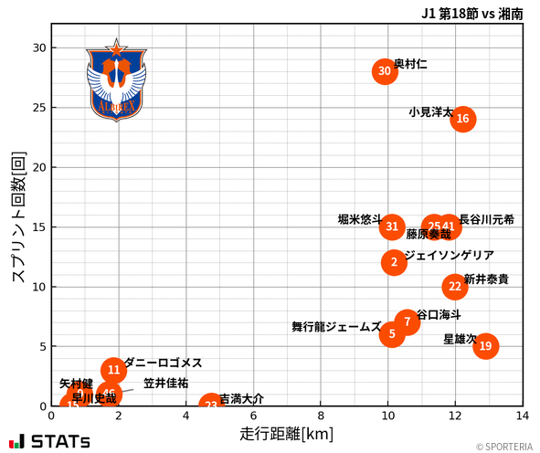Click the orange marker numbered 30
pyautogui.click(x=385, y=71)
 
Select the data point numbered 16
pyautogui.click(x=462, y=119)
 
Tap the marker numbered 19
pyautogui.click(x=485, y=346)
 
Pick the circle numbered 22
pyautogui.click(x=455, y=287)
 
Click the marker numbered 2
pyautogui.click(x=394, y=263)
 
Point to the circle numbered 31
pyautogui.click(x=392, y=226)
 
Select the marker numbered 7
pyautogui.click(x=408, y=322)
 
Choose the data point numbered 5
pyautogui.click(x=392, y=334)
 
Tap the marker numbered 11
pyautogui.click(x=113, y=370)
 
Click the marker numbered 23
pyautogui.click(x=211, y=406)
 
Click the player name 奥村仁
pyautogui.click(x=410, y=65)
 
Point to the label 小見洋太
pyautogui.click(x=430, y=112)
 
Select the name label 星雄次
pyautogui.click(x=459, y=339)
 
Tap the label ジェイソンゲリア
pyautogui.click(x=449, y=256)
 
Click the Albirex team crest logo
pyautogui.click(x=115, y=79)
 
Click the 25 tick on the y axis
pyautogui.click(x=40, y=108)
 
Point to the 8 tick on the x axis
pyautogui.click(x=321, y=416)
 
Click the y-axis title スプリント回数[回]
pyautogui.click(x=17, y=217)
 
